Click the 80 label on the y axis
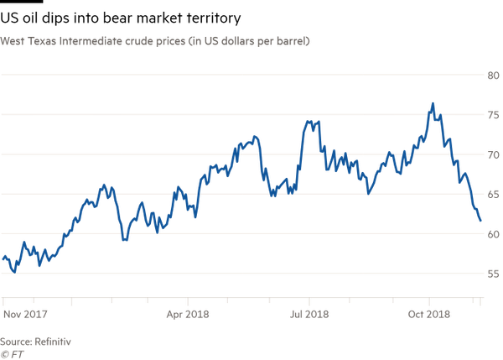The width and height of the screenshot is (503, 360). click(x=494, y=76)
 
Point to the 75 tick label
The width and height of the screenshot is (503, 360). click(x=494, y=116)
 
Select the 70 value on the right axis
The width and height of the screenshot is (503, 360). click(x=494, y=155)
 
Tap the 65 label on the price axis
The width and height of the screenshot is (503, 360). click(x=494, y=195)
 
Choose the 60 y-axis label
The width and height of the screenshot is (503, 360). click(x=494, y=234)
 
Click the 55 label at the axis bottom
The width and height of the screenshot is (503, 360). click(x=494, y=274)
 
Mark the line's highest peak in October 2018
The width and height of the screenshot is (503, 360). click(x=433, y=104)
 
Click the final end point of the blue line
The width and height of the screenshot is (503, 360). click(x=481, y=222)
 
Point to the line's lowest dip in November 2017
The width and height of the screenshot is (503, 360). click(x=13, y=271)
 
